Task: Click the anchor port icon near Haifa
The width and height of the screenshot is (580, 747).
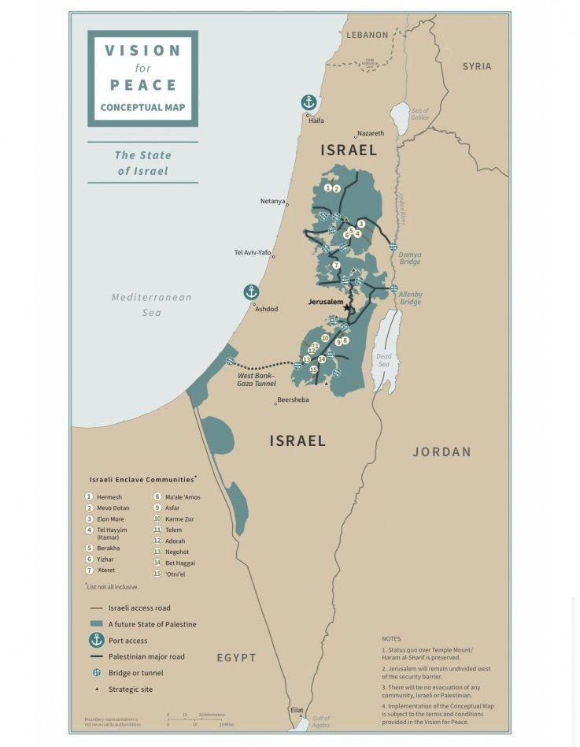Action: (x=309, y=102)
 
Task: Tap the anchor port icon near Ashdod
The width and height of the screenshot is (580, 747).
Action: (x=250, y=292)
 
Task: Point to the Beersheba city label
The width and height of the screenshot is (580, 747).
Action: (x=293, y=400)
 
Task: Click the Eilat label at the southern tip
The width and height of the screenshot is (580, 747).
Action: (x=296, y=709)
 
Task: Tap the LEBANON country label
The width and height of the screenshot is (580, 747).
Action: (x=367, y=35)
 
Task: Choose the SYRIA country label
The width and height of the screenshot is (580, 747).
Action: (x=476, y=66)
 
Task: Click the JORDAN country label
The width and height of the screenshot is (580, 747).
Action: (x=441, y=452)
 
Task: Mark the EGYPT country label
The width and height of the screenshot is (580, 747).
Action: (x=237, y=657)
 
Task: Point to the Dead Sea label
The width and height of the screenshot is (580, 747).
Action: (x=384, y=359)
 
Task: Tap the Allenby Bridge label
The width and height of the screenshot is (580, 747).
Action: (x=411, y=298)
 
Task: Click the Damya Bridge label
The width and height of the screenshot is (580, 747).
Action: (x=409, y=258)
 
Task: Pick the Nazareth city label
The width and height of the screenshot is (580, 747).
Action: (x=370, y=134)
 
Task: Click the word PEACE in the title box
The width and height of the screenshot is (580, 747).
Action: (x=142, y=84)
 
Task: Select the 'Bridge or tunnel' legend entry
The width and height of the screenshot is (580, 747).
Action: (x=135, y=673)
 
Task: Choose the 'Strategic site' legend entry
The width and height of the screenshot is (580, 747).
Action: (x=131, y=689)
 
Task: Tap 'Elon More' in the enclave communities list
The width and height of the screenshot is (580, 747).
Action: (x=111, y=519)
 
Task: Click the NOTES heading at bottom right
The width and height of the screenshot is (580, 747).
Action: (x=391, y=638)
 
